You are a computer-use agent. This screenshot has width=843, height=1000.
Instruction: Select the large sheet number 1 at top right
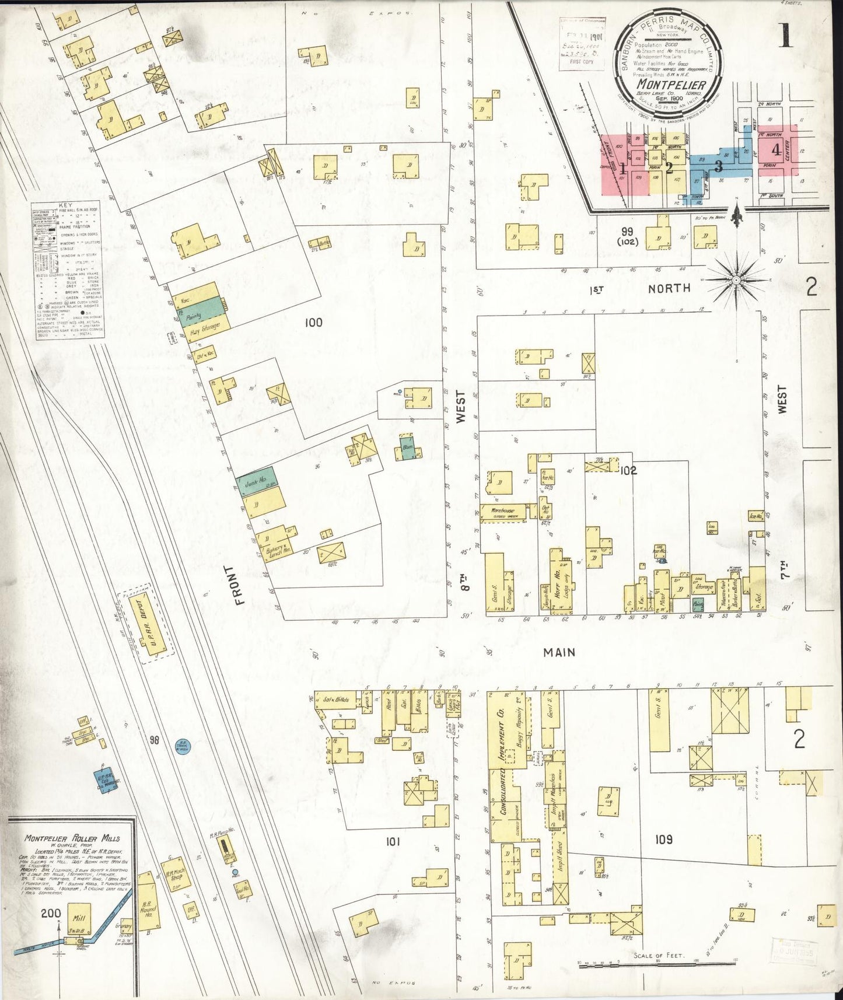click(786, 36)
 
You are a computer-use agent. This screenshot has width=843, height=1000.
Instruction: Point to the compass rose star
click(737, 281)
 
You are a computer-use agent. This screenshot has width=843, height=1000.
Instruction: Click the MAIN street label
click(559, 652)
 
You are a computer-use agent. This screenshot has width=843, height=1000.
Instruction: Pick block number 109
click(664, 840)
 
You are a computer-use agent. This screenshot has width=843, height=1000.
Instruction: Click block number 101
click(393, 842)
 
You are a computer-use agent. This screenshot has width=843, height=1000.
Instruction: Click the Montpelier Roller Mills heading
click(72, 838)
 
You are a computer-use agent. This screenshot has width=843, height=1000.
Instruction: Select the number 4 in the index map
click(775, 149)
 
